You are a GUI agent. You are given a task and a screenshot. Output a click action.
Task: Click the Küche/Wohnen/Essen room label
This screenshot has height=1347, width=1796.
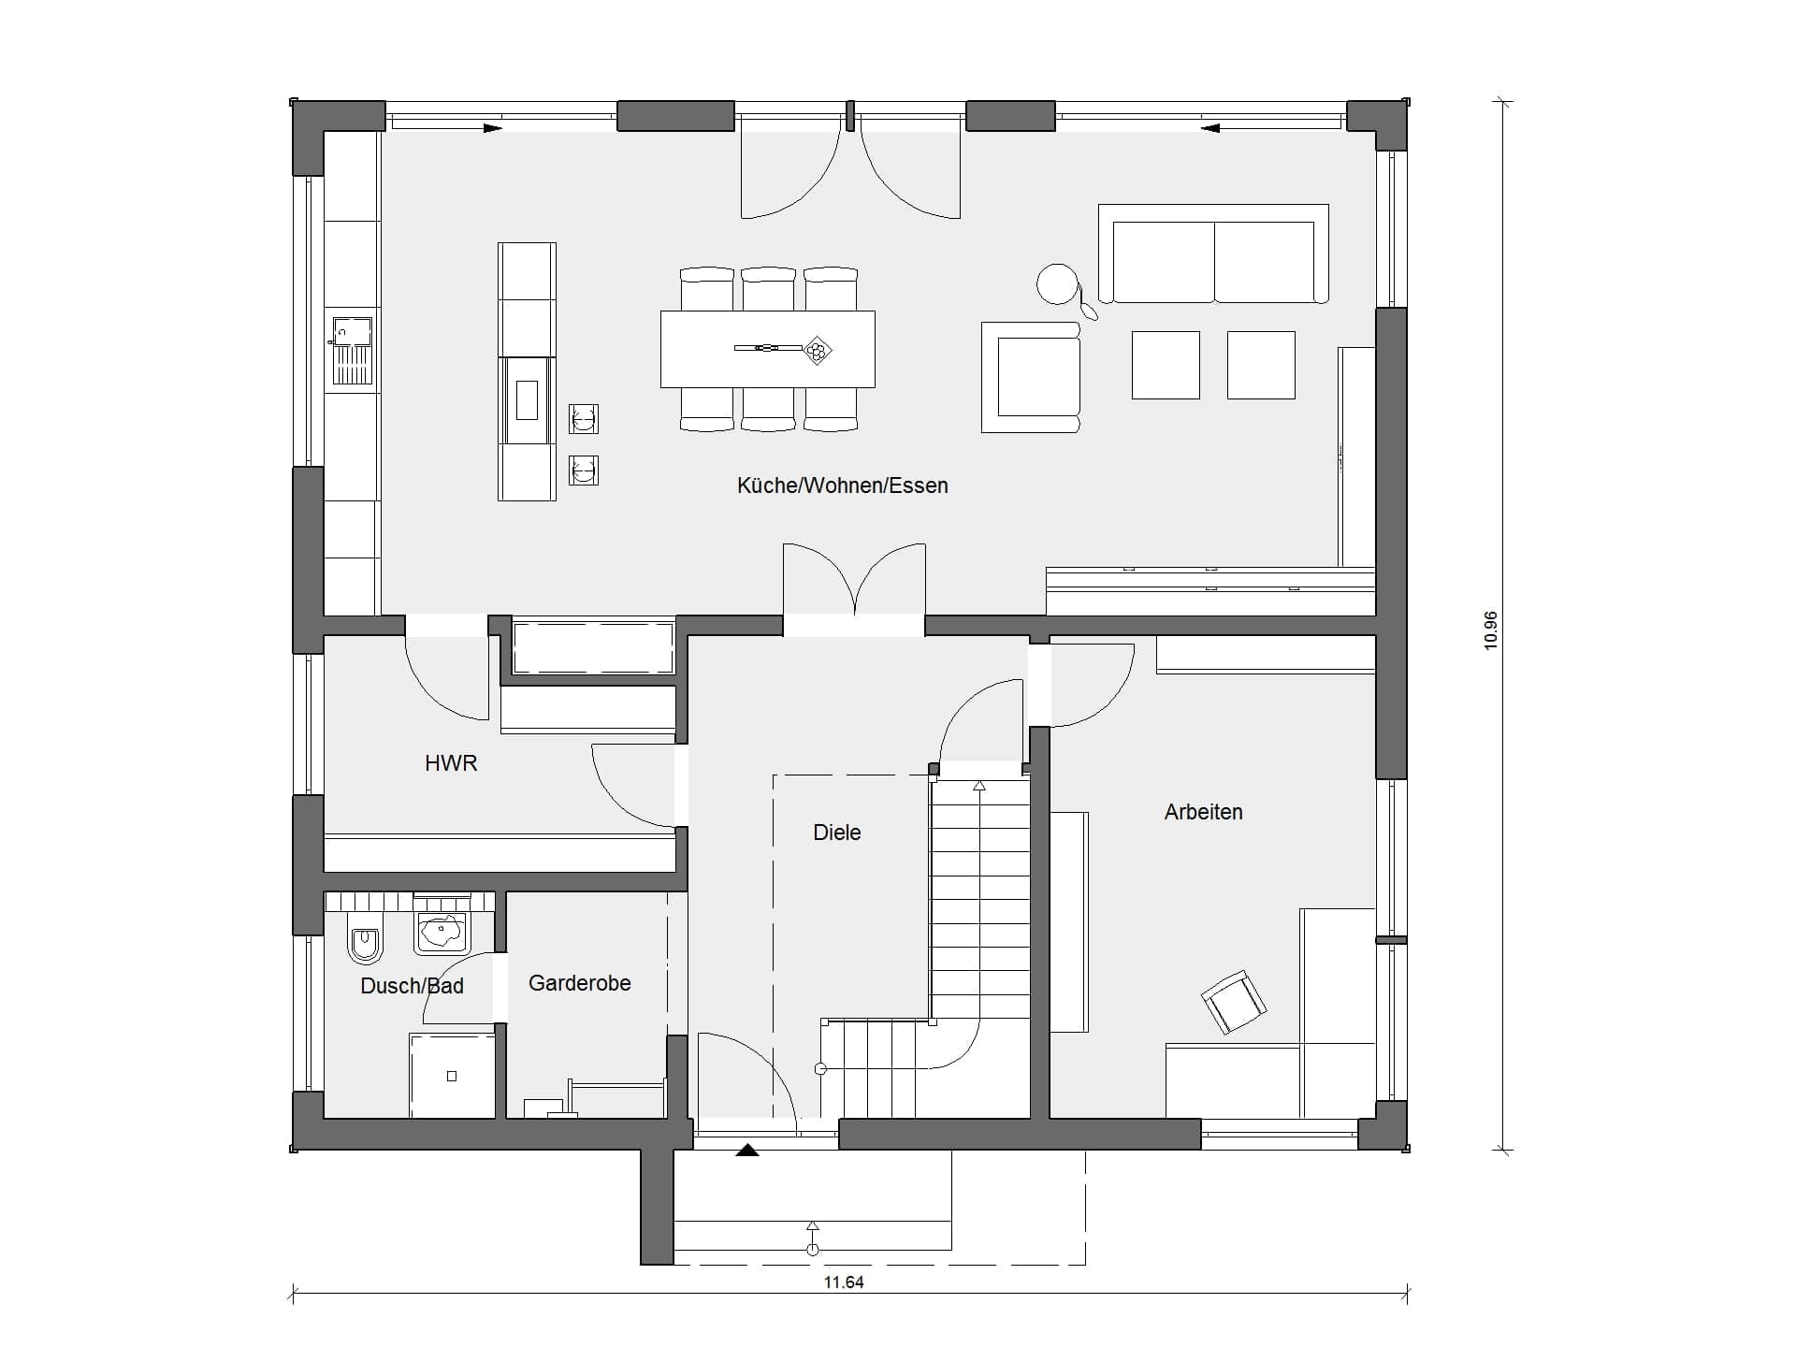click(x=842, y=485)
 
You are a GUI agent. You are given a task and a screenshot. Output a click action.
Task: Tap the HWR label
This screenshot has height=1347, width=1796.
click(x=451, y=763)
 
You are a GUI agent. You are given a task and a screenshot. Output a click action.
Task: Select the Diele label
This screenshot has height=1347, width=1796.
click(x=837, y=833)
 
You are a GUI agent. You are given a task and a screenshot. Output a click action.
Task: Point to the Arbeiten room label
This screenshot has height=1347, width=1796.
click(x=1203, y=812)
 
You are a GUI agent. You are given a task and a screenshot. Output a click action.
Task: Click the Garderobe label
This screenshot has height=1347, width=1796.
click(x=580, y=983)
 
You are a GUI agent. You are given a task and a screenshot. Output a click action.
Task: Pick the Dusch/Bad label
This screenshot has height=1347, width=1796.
click(x=412, y=986)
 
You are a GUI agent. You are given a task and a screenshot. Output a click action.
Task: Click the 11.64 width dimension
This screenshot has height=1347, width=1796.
click(x=844, y=1282)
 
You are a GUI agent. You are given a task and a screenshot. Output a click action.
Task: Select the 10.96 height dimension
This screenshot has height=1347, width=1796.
click(x=1491, y=630)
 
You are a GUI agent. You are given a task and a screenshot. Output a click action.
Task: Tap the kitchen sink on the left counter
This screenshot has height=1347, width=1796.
click(x=353, y=352)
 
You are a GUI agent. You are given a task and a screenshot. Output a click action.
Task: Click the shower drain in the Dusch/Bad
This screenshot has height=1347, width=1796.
click(x=452, y=1077)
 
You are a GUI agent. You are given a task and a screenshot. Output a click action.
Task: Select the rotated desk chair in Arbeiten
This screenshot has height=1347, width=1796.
click(x=1234, y=1002)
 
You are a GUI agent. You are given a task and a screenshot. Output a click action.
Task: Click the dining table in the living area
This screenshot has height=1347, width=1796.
click(x=768, y=349)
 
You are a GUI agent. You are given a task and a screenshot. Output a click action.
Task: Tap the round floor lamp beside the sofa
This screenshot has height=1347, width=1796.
click(x=1058, y=284)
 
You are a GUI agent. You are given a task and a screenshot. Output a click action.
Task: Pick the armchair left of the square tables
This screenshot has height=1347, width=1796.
click(x=1031, y=378)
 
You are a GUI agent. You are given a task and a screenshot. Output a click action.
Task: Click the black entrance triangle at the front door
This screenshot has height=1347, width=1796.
click(x=747, y=1151)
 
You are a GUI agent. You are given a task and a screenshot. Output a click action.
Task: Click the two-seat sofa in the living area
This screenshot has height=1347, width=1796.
click(x=1213, y=253)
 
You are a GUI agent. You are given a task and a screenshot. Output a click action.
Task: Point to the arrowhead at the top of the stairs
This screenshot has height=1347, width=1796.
click(x=979, y=786)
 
